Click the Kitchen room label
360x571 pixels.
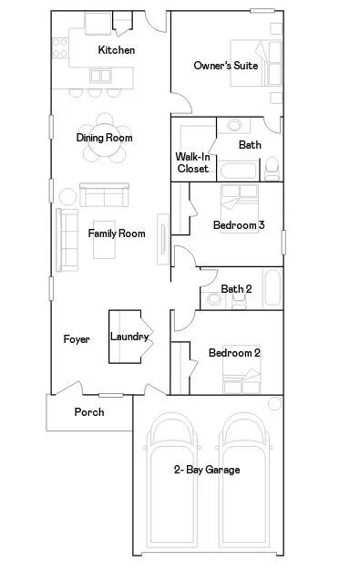point(117,50)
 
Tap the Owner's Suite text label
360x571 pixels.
point(226,66)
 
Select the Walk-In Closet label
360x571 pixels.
point(192,162)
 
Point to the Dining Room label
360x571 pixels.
point(104,138)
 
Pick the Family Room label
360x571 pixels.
point(117,234)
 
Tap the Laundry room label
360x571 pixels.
point(129,337)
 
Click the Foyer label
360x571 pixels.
point(77,339)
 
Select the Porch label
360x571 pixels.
point(89,412)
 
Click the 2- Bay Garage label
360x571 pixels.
point(207,470)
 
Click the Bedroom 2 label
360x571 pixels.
point(234,353)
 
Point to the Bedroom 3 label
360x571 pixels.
point(239,224)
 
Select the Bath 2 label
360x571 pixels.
point(236,289)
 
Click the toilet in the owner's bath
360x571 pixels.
point(271,167)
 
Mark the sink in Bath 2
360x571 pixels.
point(237,275)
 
